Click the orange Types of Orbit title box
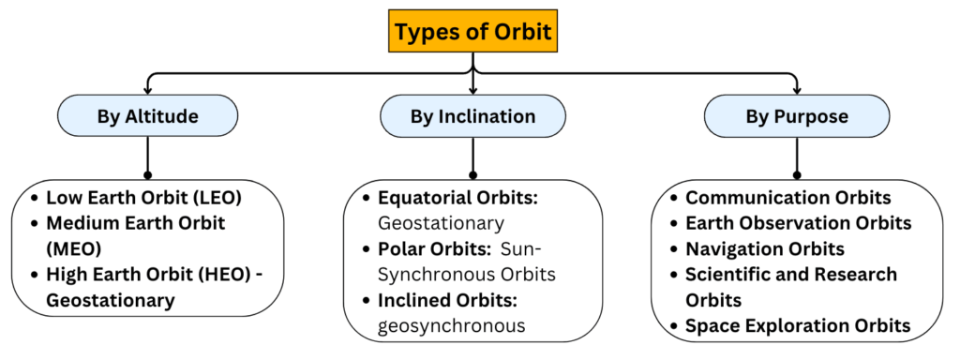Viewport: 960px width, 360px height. point(472,31)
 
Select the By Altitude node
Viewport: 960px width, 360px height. point(147,115)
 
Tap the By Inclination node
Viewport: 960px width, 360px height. point(472,115)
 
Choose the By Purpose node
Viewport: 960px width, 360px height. point(797,115)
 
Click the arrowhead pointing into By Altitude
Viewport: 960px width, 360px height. point(147,91)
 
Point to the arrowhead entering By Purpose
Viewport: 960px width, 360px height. point(797,91)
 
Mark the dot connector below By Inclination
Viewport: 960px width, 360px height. point(472,175)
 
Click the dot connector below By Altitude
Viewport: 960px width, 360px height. point(147,175)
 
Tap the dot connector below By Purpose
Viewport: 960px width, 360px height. point(797,175)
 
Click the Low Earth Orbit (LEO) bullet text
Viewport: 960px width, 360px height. point(136,198)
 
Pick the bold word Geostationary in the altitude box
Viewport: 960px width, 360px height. point(111,301)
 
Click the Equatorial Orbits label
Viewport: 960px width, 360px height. point(457,198)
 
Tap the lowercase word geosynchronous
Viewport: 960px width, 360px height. point(451,325)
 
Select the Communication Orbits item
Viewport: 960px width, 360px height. point(787,198)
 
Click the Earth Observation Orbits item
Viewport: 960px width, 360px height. point(799,223)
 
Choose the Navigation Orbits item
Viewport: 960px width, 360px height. point(765,249)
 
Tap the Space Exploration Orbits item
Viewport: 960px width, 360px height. point(798,325)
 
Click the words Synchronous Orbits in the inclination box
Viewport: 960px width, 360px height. point(467,275)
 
